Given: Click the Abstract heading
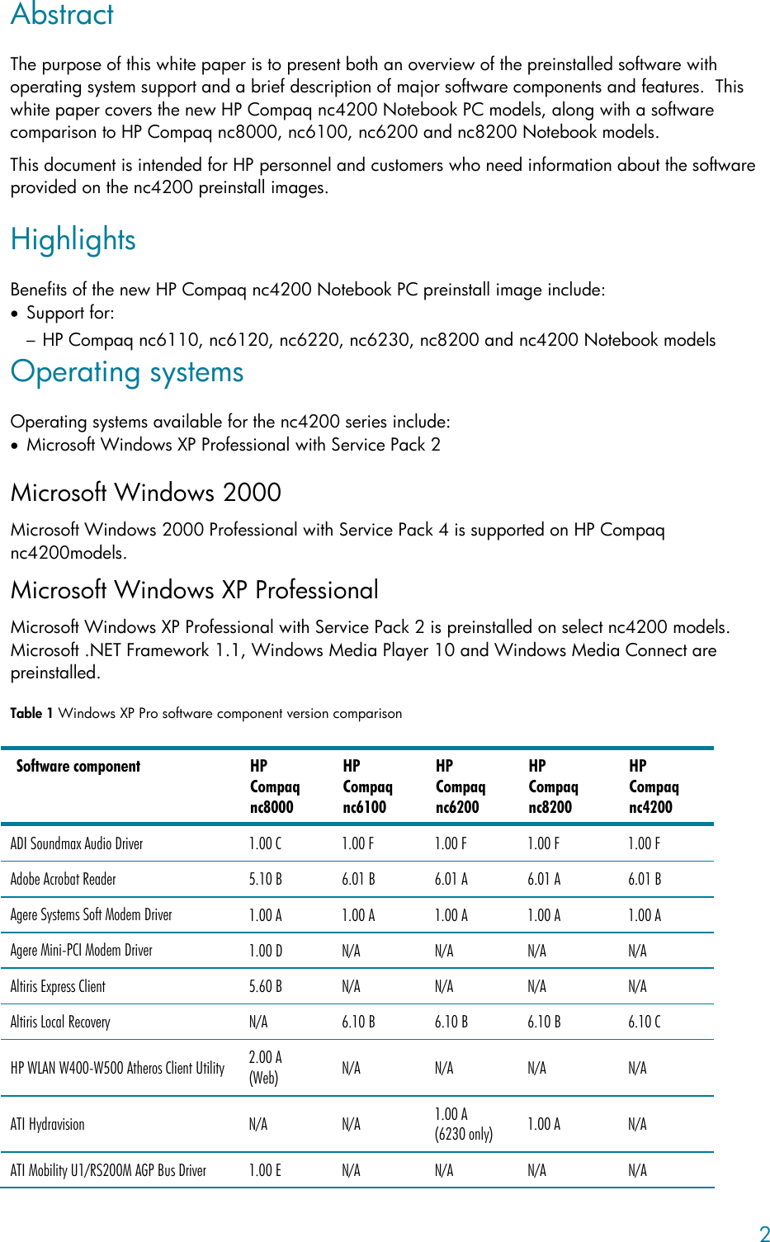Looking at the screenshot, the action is pyautogui.click(x=62, y=14).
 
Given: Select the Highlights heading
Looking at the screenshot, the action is pyautogui.click(x=73, y=240).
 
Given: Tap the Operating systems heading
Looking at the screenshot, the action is pyautogui.click(x=127, y=372).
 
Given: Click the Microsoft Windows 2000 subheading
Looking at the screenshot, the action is pyautogui.click(x=146, y=493).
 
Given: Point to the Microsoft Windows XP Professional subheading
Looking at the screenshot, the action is pyautogui.click(x=195, y=589).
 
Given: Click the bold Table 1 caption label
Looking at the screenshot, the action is pyautogui.click(x=31, y=713).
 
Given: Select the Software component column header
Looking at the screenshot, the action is pyautogui.click(x=78, y=767).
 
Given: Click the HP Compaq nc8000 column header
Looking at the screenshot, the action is pyautogui.click(x=274, y=786).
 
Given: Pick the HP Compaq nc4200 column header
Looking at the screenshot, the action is pyautogui.click(x=654, y=786).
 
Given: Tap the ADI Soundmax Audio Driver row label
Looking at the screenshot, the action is pyautogui.click(x=77, y=844).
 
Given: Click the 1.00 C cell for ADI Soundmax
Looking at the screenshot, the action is pyautogui.click(x=265, y=844).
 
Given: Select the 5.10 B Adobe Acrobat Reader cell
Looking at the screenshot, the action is pyautogui.click(x=265, y=880).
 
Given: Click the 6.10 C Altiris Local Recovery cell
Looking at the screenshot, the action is pyautogui.click(x=645, y=1022).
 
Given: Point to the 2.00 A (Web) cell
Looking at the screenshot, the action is pyautogui.click(x=265, y=1067).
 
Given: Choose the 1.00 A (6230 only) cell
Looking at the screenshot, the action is pyautogui.click(x=464, y=1124).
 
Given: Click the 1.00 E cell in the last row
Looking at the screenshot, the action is pyautogui.click(x=265, y=1170).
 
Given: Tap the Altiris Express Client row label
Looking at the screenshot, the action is pyautogui.click(x=58, y=986).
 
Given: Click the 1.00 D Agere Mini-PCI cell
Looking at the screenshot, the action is pyautogui.click(x=265, y=951).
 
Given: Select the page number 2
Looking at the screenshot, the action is pyautogui.click(x=764, y=1234).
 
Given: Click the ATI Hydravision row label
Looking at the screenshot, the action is pyautogui.click(x=48, y=1125).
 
